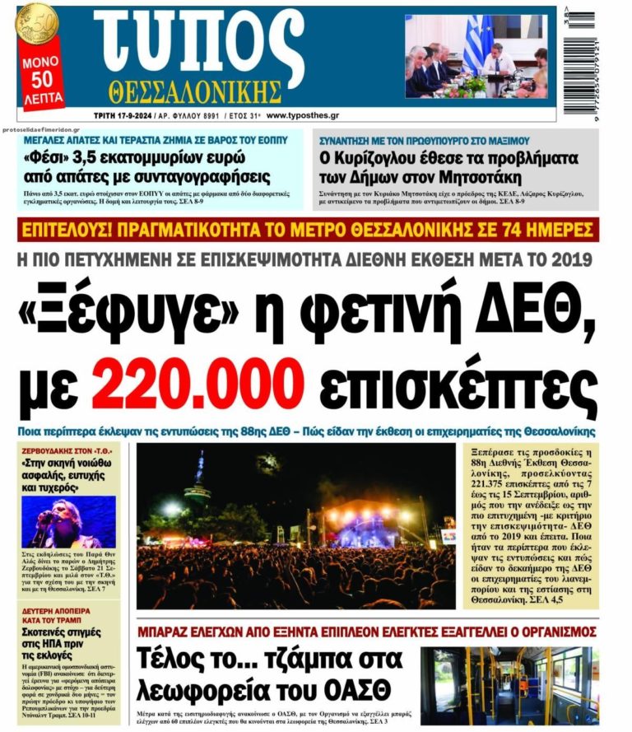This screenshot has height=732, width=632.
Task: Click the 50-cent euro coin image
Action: (x=36, y=22)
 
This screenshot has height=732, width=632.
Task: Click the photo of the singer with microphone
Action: (x=67, y=521)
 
